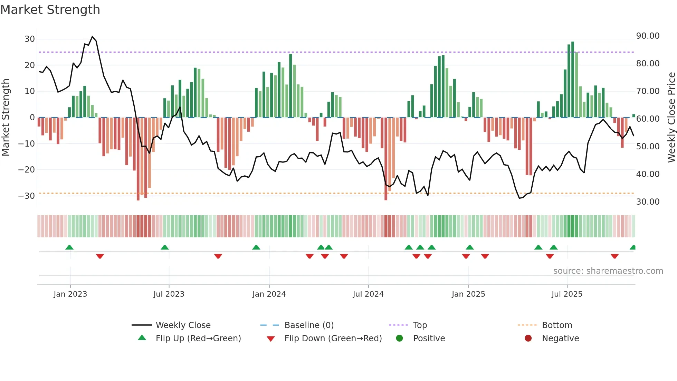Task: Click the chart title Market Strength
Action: (50, 10)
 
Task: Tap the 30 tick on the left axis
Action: (30, 39)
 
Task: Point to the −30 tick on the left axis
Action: (27, 196)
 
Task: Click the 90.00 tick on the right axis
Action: (648, 36)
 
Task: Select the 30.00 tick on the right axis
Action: (648, 202)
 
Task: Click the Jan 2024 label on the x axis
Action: (269, 294)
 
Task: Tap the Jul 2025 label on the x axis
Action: (567, 294)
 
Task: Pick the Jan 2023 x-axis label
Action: (70, 294)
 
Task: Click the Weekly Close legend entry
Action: (183, 325)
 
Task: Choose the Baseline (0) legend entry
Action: (309, 325)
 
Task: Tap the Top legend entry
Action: (420, 325)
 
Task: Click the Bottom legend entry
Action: (557, 325)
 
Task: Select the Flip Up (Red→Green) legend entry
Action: (198, 338)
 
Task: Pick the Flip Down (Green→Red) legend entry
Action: (333, 338)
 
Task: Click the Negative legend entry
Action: (560, 338)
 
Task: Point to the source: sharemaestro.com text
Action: (608, 271)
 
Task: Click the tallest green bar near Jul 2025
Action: (573, 80)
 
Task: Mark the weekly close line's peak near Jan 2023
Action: (92, 37)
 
